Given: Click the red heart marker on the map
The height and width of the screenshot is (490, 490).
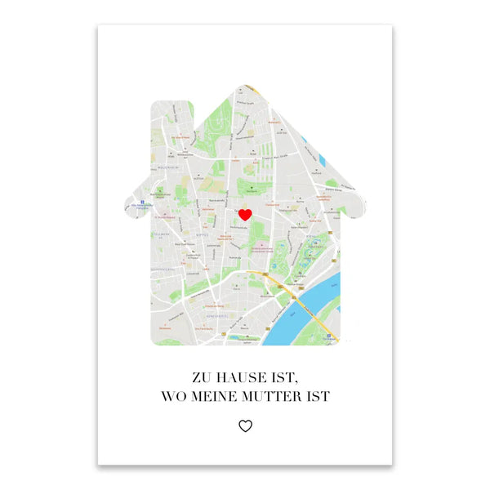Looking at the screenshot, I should (244, 215).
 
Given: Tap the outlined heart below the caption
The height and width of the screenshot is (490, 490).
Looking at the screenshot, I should (245, 425).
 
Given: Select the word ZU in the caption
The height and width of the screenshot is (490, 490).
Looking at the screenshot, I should (200, 378).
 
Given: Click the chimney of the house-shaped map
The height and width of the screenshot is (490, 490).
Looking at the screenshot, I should (163, 122).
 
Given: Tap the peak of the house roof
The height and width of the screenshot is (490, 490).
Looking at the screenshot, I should (245, 87).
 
